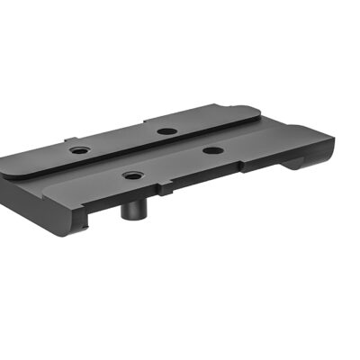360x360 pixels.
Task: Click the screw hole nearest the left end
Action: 79,149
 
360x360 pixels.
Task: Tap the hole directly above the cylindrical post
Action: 132,175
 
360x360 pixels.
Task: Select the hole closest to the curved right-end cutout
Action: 211,149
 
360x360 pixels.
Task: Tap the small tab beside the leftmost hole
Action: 67,139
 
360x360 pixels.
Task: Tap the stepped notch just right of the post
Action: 164,191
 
